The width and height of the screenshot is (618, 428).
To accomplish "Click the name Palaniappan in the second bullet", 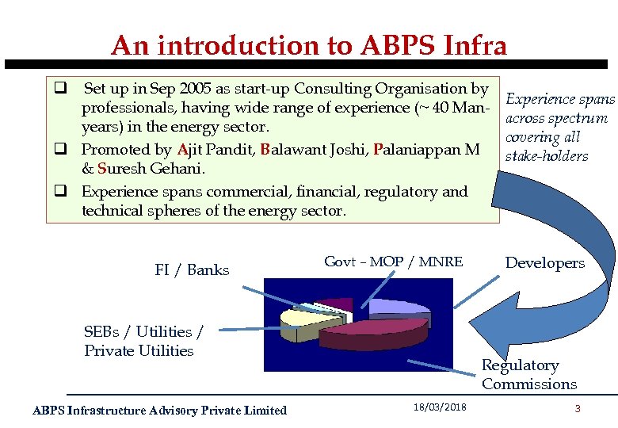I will (415, 149).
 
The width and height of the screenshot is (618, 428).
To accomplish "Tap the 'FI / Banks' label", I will (192, 270).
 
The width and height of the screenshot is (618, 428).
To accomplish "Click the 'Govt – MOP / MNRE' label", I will (394, 262).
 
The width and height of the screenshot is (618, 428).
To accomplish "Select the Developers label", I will (545, 263).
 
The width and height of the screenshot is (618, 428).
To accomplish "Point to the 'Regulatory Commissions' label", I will (528, 375).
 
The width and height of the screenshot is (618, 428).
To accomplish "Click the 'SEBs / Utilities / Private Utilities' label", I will (143, 341).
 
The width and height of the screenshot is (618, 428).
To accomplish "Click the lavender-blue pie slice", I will (396, 307).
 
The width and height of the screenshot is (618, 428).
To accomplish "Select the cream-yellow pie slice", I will (297, 317).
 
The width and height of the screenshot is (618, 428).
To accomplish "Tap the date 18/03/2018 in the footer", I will (440, 407).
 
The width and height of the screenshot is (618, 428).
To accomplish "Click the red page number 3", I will (578, 409).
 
